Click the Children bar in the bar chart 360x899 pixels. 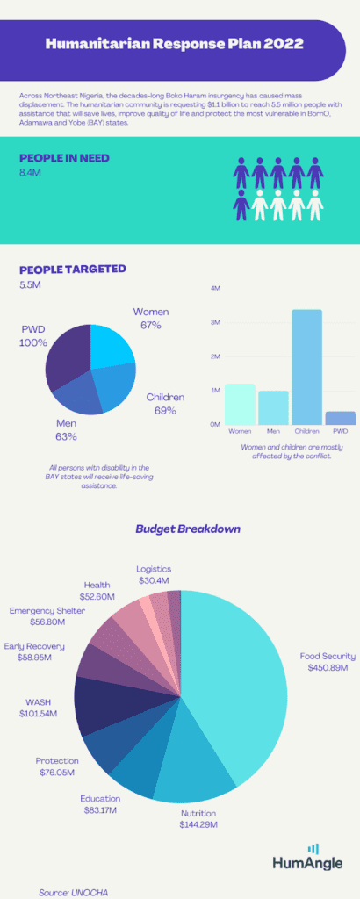tap(306, 367)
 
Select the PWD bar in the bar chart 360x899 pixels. tap(341, 418)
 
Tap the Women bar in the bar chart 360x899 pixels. tap(240, 404)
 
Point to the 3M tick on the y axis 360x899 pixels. tap(216, 323)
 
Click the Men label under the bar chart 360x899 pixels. tap(273, 430)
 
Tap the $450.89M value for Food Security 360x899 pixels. tap(328, 668)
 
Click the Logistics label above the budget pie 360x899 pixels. tap(154, 569)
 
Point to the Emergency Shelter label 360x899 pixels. tap(47, 611)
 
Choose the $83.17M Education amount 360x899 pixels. tap(100, 810)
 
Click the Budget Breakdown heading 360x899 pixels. tap(188, 529)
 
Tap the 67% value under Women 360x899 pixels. tap(151, 325)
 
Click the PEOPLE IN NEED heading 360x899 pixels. tap(64, 159)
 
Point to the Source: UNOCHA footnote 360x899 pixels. tap(73, 893)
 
